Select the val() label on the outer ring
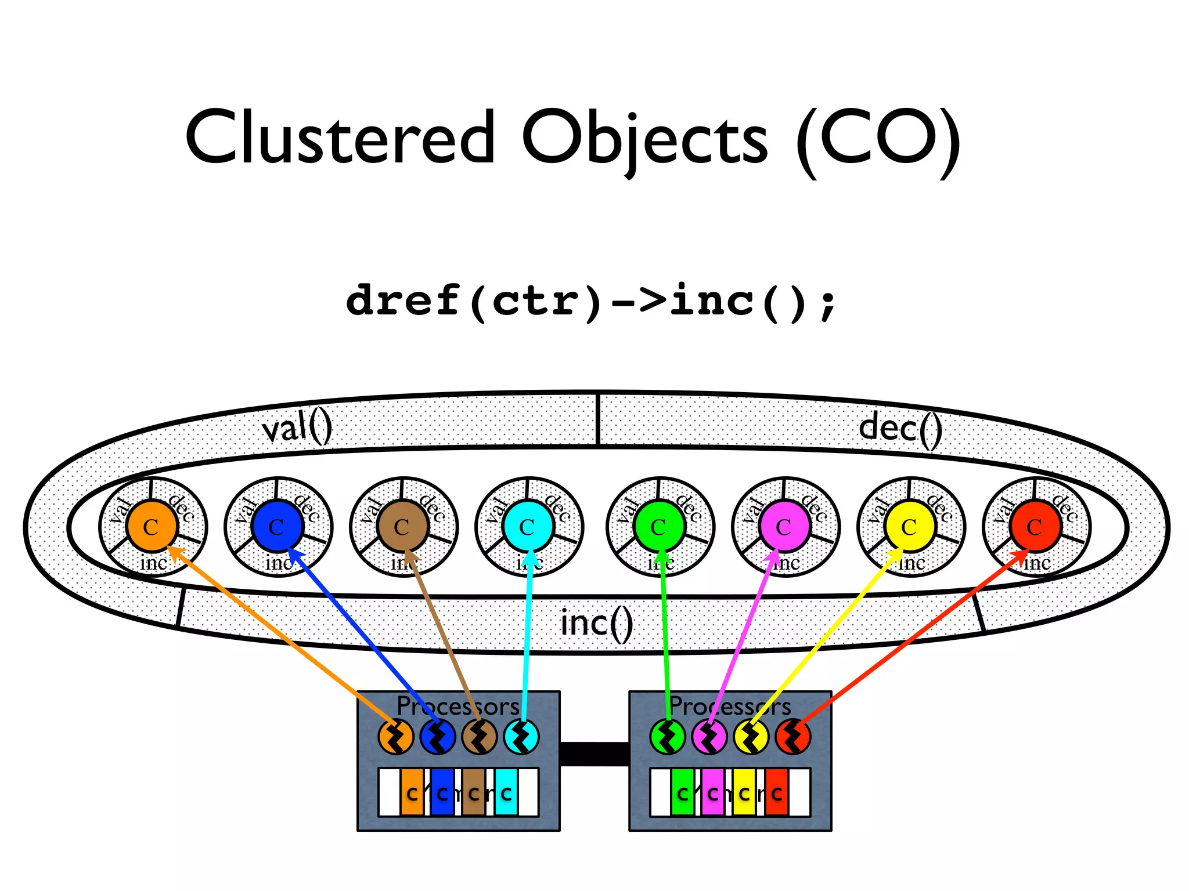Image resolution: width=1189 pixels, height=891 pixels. (x=297, y=429)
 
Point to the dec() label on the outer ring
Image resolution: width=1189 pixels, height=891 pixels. (x=900, y=428)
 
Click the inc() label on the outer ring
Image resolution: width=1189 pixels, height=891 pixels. (x=597, y=624)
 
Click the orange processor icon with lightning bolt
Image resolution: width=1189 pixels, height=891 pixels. (x=395, y=737)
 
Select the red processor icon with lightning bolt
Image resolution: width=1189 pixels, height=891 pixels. (x=793, y=737)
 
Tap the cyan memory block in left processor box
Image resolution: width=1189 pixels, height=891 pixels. (x=506, y=792)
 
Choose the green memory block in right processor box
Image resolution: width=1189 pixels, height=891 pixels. (x=682, y=792)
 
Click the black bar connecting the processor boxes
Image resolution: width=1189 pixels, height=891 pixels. (x=594, y=754)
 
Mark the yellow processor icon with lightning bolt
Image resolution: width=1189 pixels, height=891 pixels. (x=751, y=737)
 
